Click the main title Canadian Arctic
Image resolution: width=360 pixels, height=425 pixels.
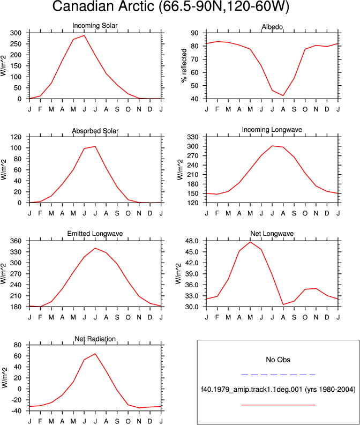171,6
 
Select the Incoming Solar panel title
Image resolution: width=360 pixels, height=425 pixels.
95,26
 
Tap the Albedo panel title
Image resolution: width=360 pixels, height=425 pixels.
272,27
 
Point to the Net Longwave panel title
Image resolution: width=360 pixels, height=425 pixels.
272,234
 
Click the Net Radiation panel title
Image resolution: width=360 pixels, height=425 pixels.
95,339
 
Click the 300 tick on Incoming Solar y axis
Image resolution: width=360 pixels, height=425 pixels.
16,33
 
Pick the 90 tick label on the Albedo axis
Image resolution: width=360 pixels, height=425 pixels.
194,33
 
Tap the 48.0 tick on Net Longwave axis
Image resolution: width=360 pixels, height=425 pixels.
191,241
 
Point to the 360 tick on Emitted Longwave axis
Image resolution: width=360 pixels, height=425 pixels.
16,241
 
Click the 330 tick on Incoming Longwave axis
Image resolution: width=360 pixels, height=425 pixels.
193,137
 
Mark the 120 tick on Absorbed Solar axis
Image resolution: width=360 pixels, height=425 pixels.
16,137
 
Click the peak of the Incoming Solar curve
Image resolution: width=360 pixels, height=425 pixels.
84,35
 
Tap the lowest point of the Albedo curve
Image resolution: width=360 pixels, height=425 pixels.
283,95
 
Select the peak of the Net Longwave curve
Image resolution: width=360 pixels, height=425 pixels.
250,242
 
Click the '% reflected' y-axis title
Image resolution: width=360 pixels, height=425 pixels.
184,65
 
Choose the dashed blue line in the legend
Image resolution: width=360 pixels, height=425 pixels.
278,375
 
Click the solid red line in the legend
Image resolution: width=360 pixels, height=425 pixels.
278,405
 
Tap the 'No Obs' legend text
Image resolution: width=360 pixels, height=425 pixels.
278,360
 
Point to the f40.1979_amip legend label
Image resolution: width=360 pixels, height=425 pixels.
278,390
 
